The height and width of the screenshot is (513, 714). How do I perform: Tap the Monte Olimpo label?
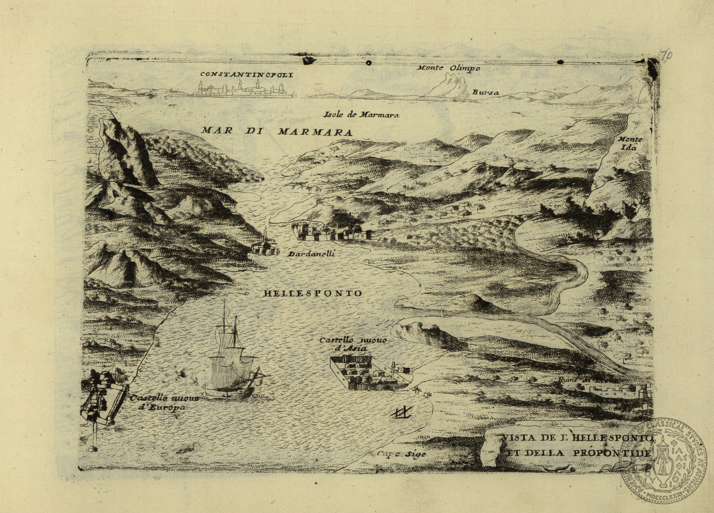(448, 68)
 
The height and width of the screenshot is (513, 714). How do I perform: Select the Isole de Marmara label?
(361, 115)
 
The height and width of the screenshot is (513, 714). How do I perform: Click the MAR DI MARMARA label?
(277, 131)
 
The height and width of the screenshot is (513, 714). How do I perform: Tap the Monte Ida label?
(630, 143)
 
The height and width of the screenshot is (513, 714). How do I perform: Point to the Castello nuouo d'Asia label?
(354, 344)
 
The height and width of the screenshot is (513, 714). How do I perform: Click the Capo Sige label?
(402, 454)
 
